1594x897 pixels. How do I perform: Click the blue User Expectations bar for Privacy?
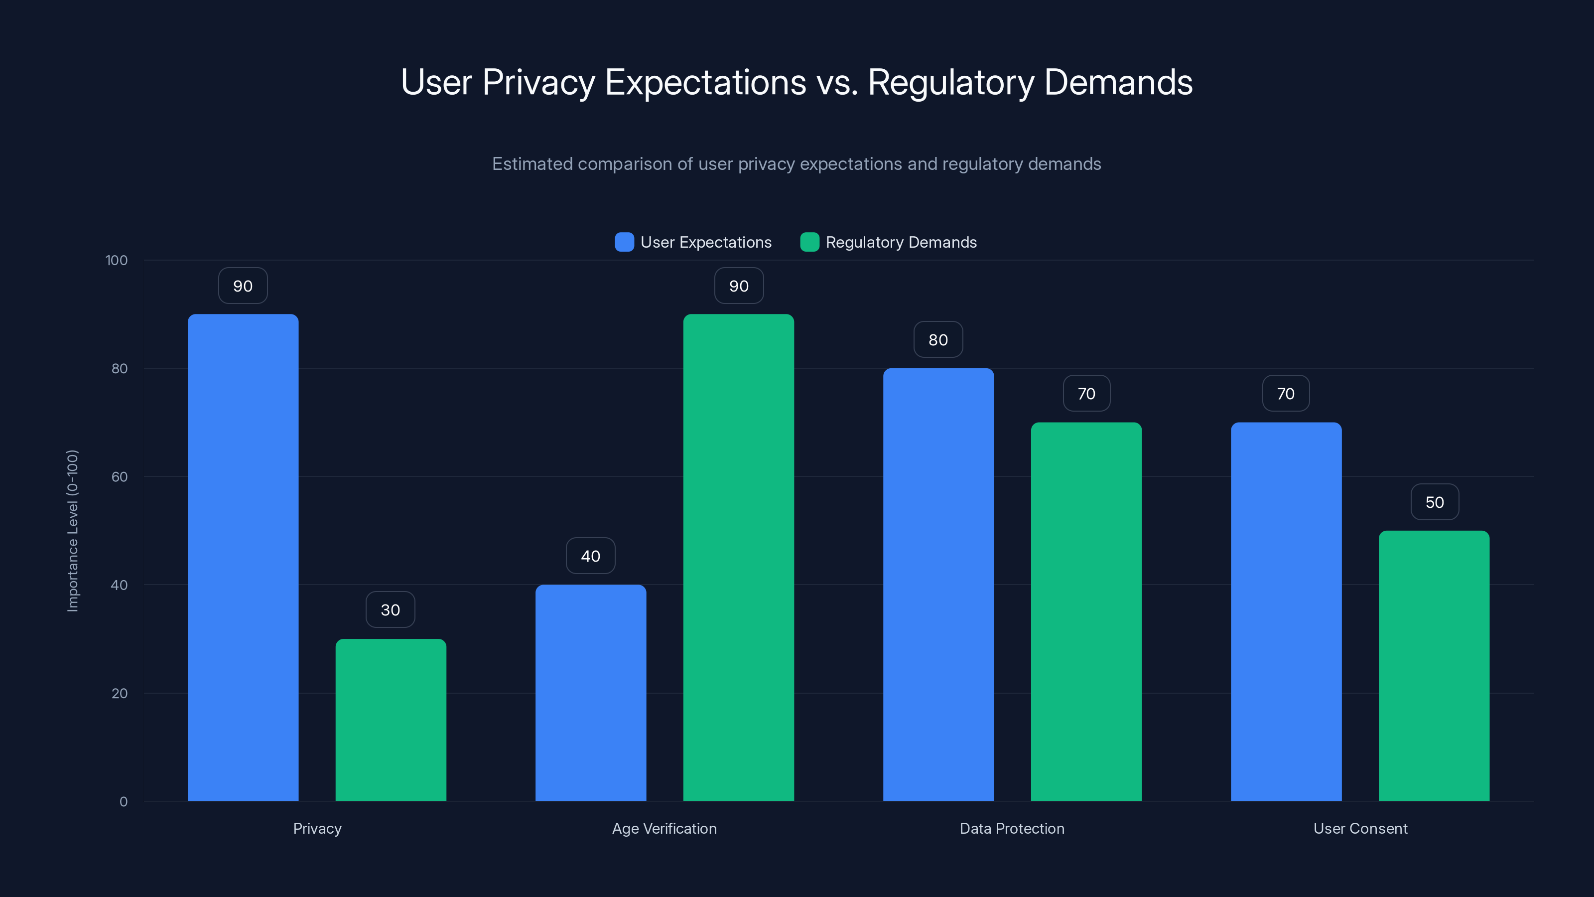click(243, 557)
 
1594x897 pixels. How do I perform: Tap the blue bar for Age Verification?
click(590, 693)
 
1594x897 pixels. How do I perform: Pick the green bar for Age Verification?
click(738, 557)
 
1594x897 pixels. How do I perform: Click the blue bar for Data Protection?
click(938, 585)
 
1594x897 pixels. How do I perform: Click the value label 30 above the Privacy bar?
click(391, 610)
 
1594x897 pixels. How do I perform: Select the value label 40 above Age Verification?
click(590, 556)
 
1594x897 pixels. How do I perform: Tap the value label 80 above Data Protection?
click(938, 339)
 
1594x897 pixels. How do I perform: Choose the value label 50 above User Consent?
click(1435, 502)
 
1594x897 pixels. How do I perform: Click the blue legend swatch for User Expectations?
click(624, 242)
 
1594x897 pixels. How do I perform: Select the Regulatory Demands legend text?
click(901, 242)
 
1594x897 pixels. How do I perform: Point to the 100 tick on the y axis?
click(117, 260)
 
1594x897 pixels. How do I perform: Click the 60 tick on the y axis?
click(120, 477)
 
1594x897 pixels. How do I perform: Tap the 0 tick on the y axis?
click(123, 802)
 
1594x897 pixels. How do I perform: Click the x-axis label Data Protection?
click(1012, 828)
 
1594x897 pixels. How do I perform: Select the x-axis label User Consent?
click(1360, 828)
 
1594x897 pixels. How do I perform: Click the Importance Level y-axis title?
click(72, 531)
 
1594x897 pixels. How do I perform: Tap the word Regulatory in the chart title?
click(951, 82)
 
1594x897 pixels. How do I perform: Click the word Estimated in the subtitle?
click(531, 164)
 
